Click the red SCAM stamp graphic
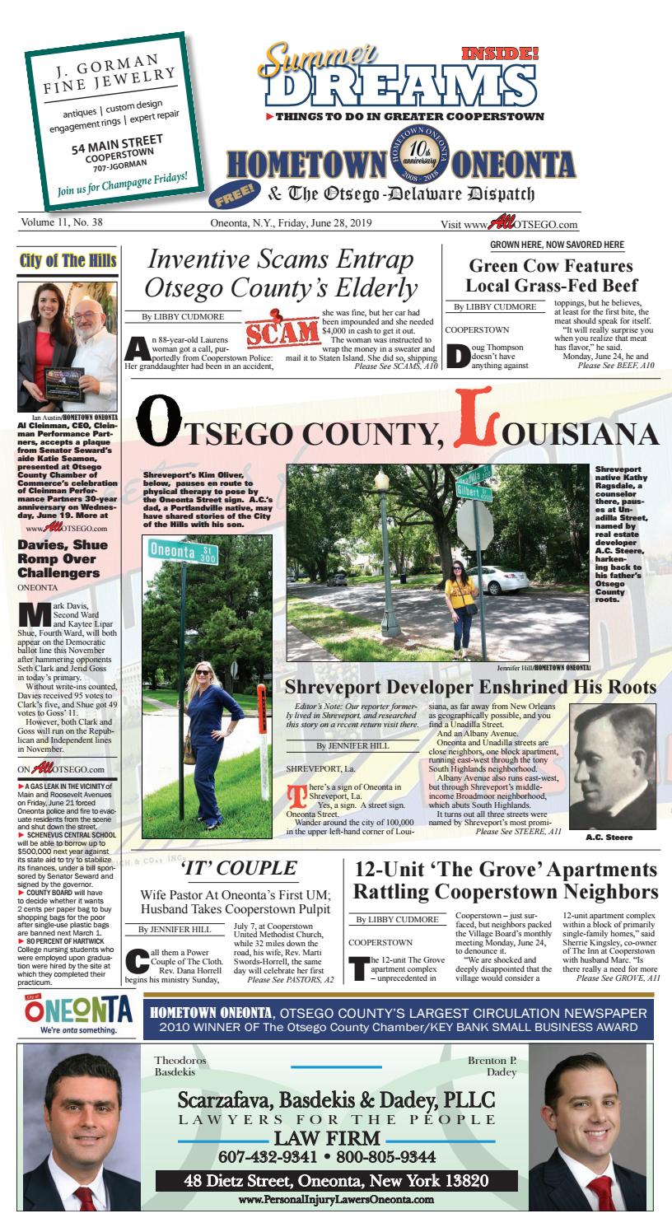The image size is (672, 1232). point(282,331)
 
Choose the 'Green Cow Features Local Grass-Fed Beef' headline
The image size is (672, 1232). point(550,276)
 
